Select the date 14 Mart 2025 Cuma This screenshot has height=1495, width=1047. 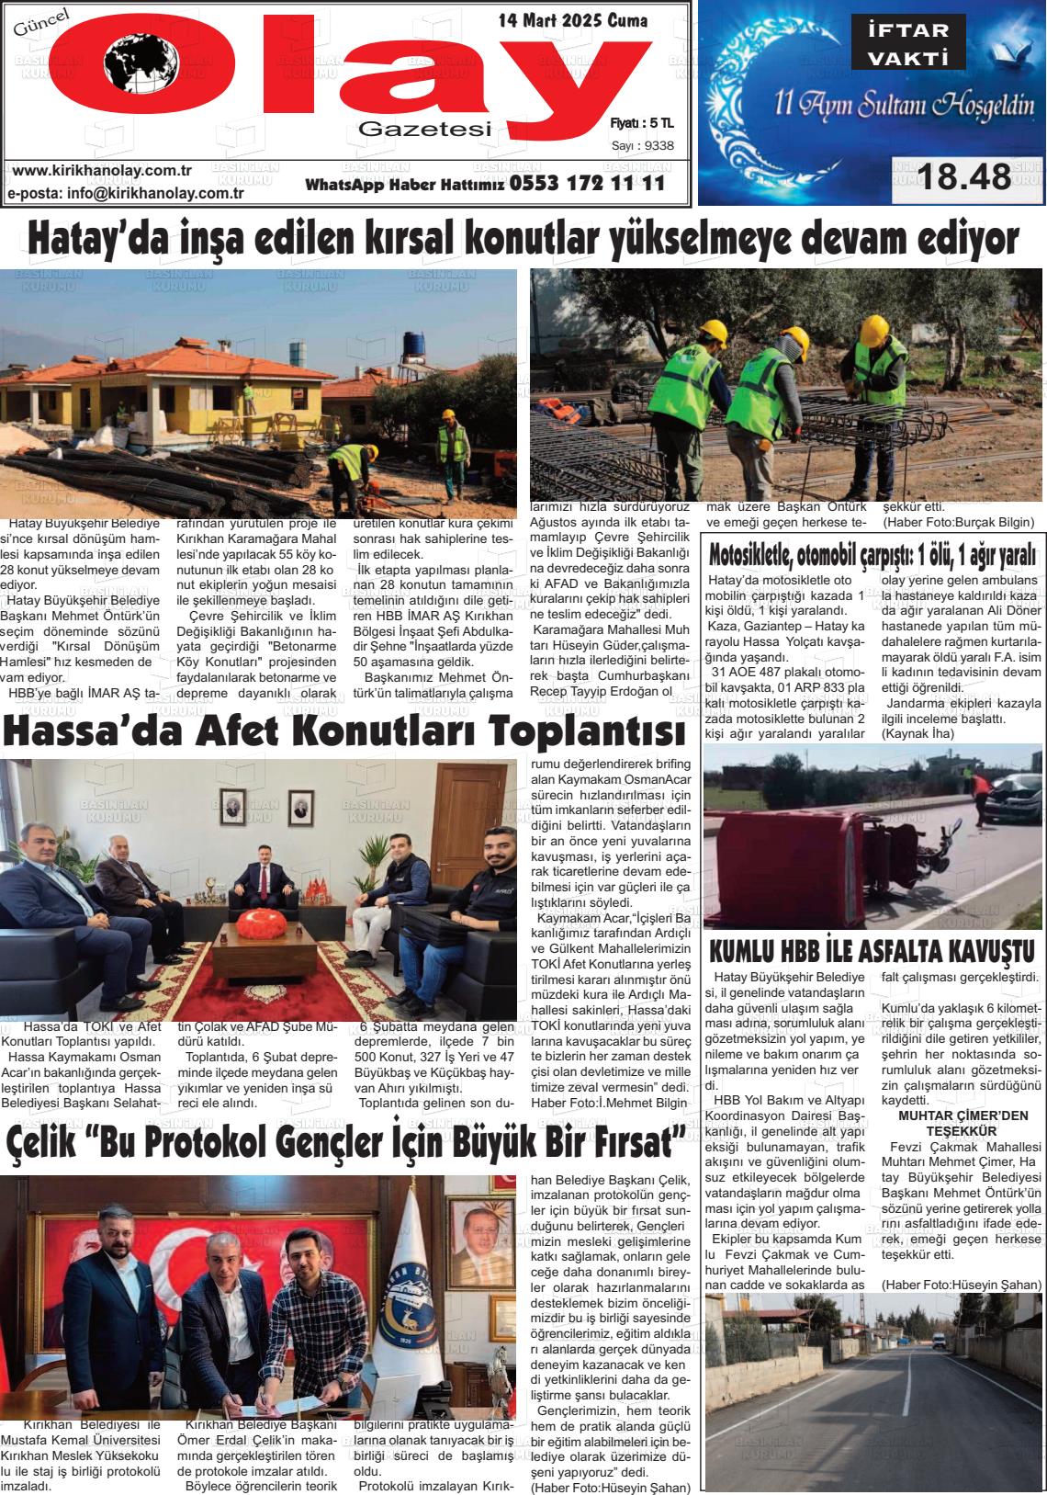click(x=572, y=20)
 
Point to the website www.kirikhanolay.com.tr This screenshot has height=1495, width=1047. click(x=102, y=171)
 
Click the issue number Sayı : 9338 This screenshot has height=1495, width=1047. click(x=642, y=144)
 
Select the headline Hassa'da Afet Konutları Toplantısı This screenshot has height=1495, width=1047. click(x=343, y=732)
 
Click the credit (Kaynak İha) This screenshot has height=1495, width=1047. click(x=918, y=733)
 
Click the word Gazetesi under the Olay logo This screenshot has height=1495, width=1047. click(x=425, y=130)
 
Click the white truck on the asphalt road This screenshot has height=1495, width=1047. click(x=940, y=1338)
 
